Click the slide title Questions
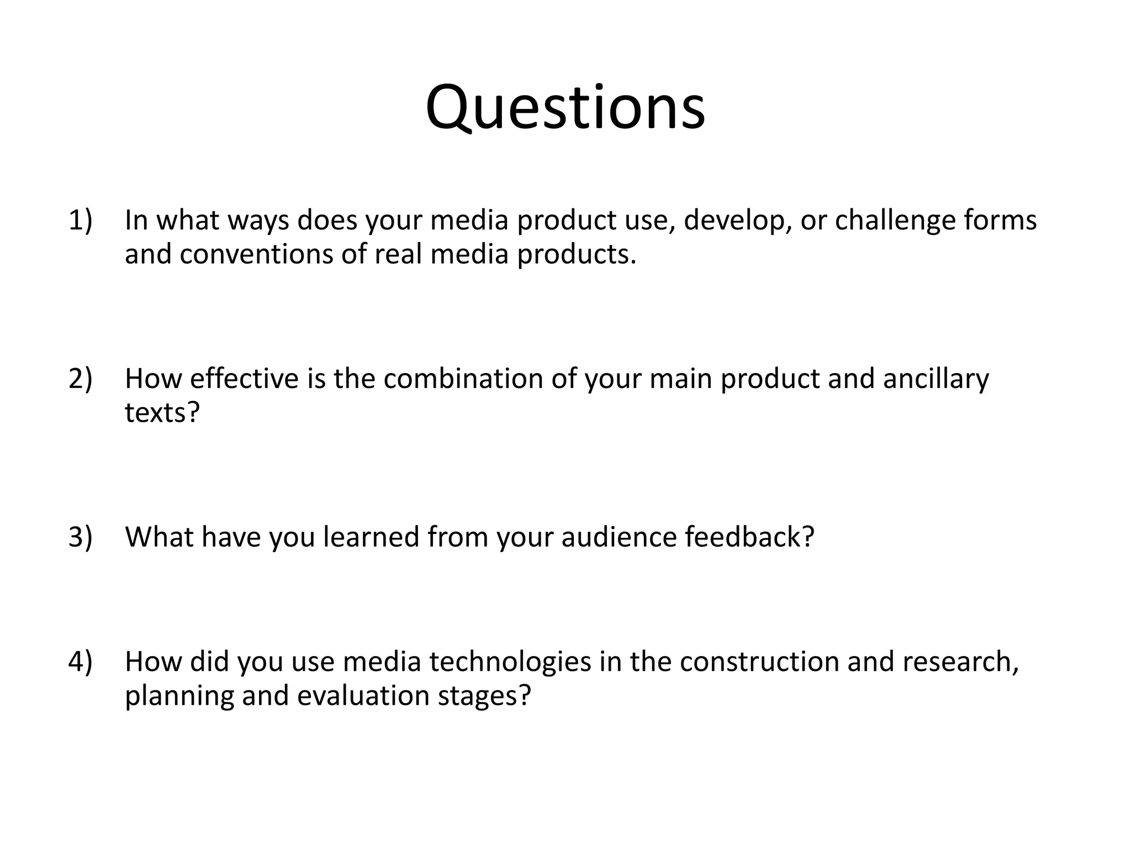pos(565,108)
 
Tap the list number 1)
pos(81,220)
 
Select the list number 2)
pos(81,379)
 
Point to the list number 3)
pos(81,537)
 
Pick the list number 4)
pos(81,662)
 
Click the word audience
pos(619,537)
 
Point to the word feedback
pos(749,537)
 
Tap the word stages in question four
pos(484,695)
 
